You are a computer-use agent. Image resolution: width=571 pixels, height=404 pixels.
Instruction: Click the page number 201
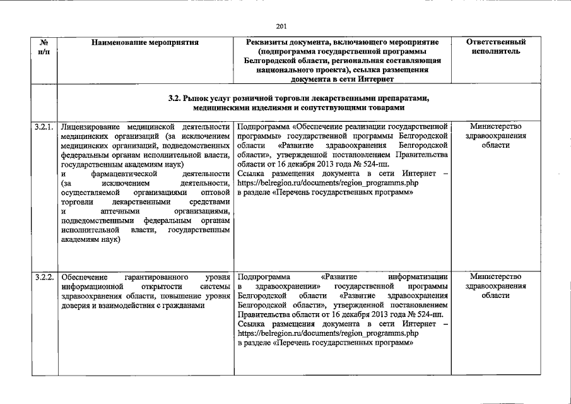281,25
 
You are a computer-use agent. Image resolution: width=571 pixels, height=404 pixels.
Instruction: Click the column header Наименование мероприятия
145,43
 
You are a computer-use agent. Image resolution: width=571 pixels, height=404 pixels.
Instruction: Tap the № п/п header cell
45,46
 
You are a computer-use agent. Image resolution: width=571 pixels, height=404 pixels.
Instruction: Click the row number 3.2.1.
45,128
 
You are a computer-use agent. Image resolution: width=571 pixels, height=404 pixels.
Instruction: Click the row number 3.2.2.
45,277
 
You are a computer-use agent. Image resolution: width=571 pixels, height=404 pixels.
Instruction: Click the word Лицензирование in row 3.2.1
89,128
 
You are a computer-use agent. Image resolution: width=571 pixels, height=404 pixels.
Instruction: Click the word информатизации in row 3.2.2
419,277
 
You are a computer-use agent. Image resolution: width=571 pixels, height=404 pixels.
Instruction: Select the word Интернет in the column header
377,80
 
